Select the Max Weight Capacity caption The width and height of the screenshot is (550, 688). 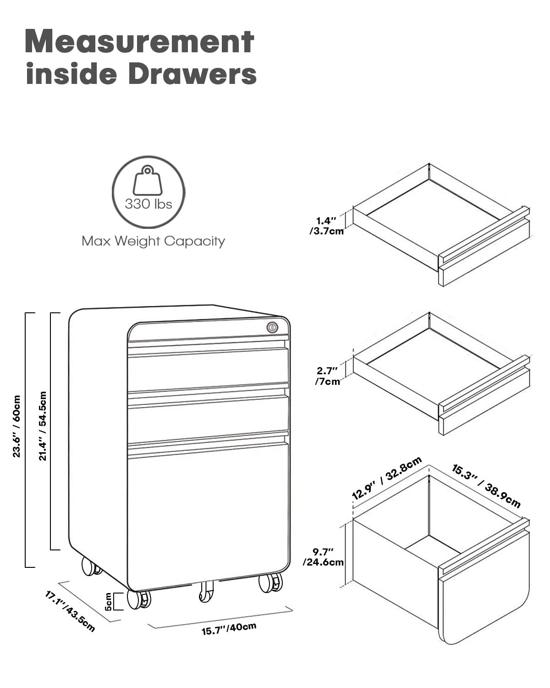click(153, 241)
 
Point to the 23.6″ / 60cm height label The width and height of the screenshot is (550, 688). click(16, 427)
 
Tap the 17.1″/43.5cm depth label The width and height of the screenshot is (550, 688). click(70, 611)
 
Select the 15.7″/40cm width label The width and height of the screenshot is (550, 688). click(229, 628)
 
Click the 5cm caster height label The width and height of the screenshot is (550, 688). click(108, 601)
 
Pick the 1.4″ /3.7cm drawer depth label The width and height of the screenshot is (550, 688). click(326, 226)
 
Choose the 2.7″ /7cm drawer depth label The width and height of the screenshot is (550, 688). click(327, 376)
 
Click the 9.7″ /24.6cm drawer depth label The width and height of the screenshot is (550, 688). click(323, 557)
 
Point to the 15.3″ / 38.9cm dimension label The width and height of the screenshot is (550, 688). click(486, 486)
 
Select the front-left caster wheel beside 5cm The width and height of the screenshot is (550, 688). click(138, 599)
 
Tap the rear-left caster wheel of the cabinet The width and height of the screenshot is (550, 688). click(91, 566)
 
